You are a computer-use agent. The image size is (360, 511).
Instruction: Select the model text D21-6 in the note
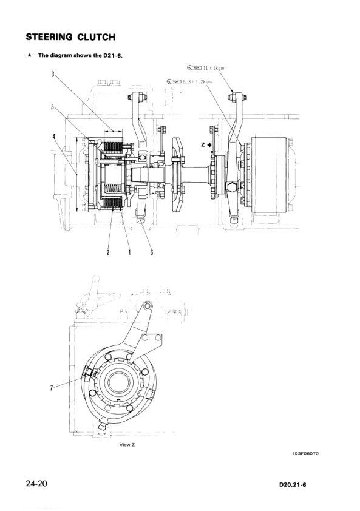pos(112,55)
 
